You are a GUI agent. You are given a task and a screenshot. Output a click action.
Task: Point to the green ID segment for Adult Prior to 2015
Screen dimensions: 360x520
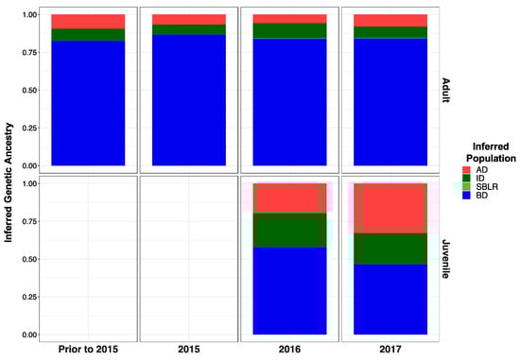click(x=88, y=34)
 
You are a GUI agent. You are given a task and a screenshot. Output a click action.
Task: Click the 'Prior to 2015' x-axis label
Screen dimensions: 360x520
click(x=88, y=350)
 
